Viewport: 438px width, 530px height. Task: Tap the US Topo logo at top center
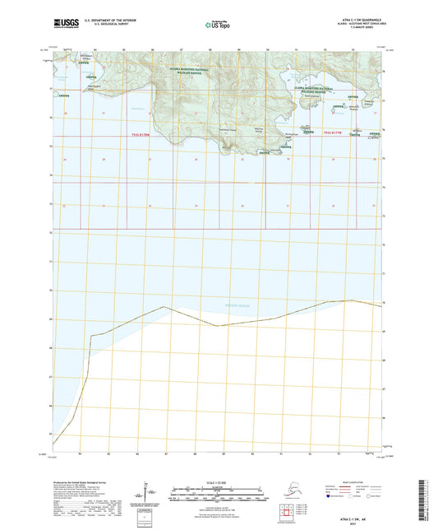tap(219, 26)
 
